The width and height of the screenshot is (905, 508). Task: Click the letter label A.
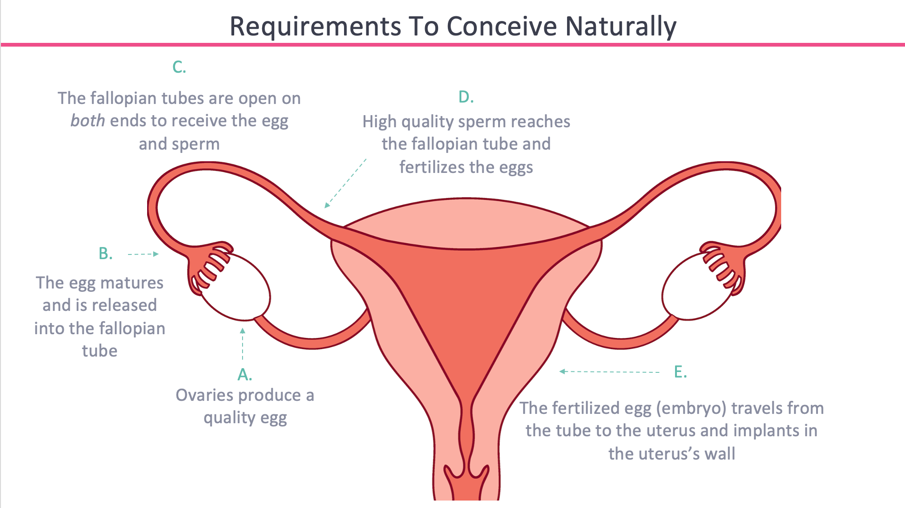pyautogui.click(x=244, y=374)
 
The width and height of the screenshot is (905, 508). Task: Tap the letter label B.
pyautogui.click(x=106, y=254)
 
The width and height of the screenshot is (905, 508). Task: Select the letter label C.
pyautogui.click(x=179, y=67)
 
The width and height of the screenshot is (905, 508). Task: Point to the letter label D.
pyautogui.click(x=466, y=97)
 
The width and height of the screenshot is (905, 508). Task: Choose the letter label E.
pyautogui.click(x=680, y=372)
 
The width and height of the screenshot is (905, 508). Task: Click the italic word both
pyautogui.click(x=88, y=121)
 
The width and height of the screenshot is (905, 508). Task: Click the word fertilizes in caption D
pyautogui.click(x=428, y=167)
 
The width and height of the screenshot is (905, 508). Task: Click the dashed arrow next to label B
pyautogui.click(x=143, y=254)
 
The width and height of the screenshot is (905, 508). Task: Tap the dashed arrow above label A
pyautogui.click(x=243, y=344)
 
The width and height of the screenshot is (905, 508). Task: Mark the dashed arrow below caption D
pyautogui.click(x=345, y=183)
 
